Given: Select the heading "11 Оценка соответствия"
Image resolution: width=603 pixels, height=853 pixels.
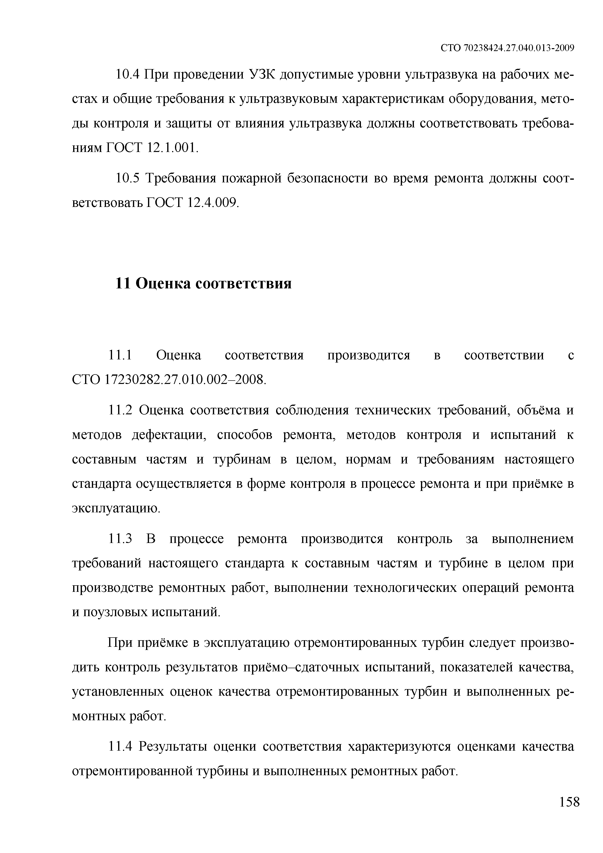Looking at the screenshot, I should [203, 284].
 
